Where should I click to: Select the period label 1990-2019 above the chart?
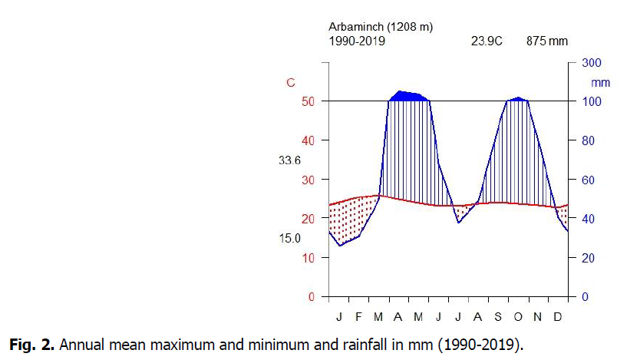click(x=357, y=41)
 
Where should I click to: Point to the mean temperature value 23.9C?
click(x=486, y=41)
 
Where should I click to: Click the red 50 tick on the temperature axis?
click(x=307, y=101)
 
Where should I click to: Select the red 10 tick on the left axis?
click(x=307, y=258)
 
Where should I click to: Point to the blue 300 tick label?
click(x=591, y=63)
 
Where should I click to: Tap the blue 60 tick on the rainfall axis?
click(x=588, y=180)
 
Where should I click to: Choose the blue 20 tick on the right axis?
click(x=588, y=258)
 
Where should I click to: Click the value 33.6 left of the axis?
click(x=289, y=160)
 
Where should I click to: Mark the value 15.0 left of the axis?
click(x=289, y=239)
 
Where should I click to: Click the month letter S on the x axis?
click(x=498, y=316)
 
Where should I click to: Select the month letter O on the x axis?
click(x=518, y=316)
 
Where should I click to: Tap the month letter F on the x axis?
click(x=359, y=316)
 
